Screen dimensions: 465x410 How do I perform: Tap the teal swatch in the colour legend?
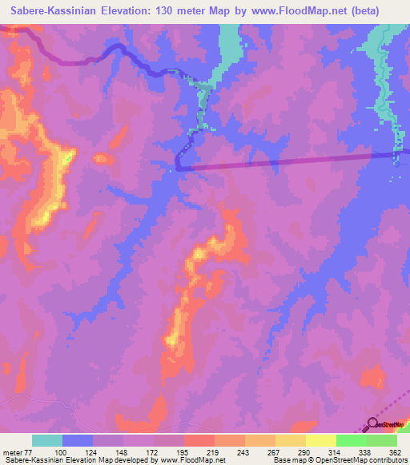(x=47, y=440)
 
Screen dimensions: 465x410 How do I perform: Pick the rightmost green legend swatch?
(x=382, y=440)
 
